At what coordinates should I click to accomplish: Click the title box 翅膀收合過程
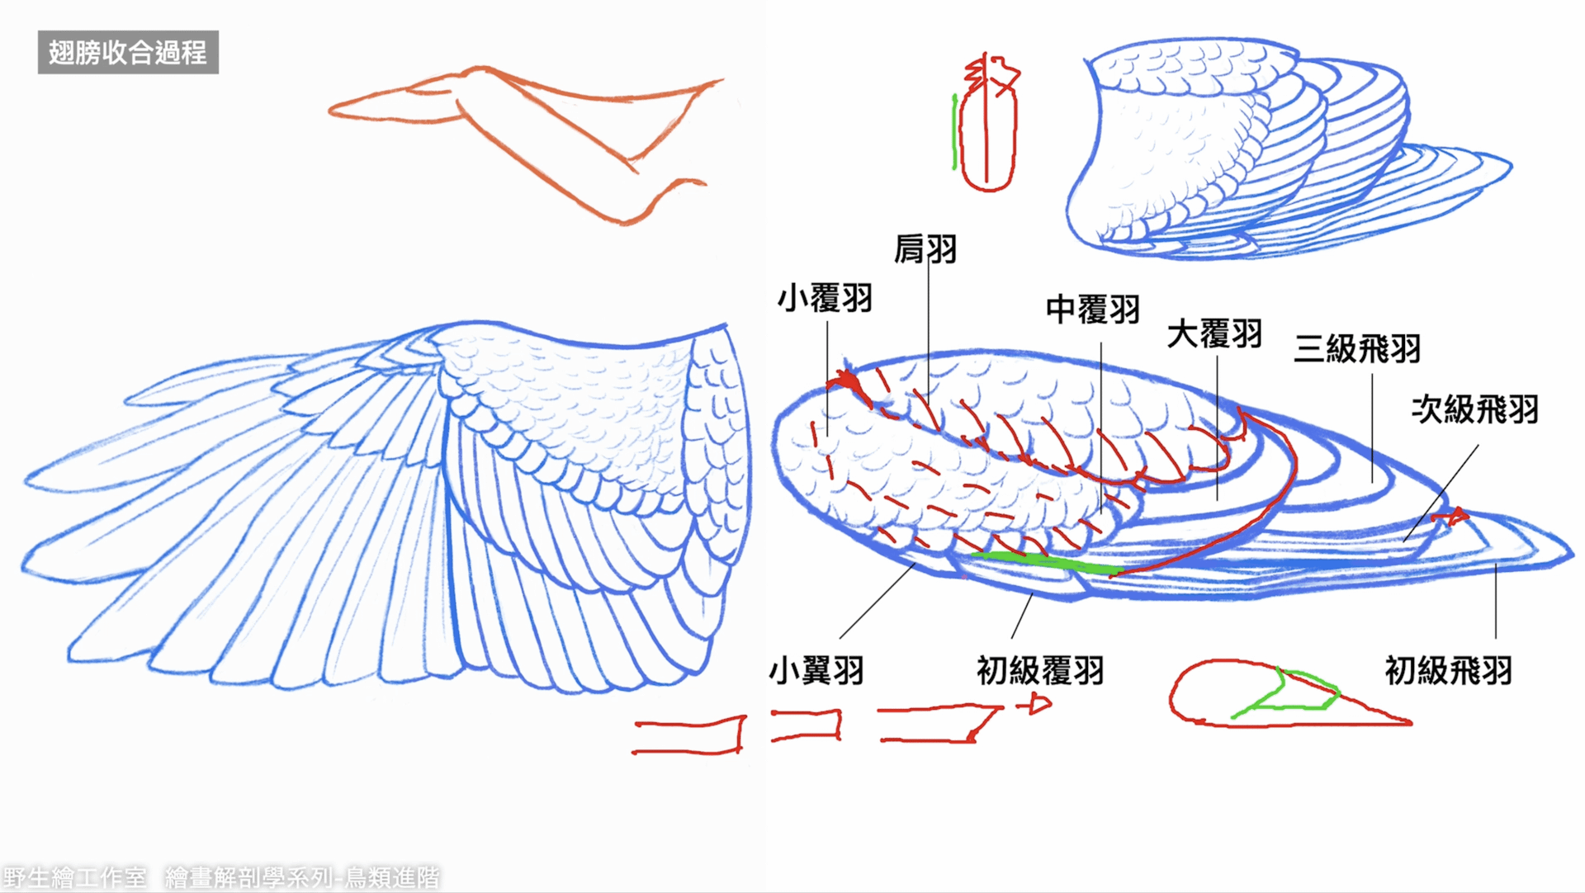tap(128, 52)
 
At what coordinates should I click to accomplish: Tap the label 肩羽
tap(925, 248)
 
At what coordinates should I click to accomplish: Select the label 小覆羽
tap(825, 298)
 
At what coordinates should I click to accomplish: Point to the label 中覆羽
tap(1092, 309)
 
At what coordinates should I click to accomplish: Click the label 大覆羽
tap(1214, 334)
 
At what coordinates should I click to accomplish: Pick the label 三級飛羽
tap(1357, 348)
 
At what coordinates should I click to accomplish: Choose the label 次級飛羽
tap(1474, 409)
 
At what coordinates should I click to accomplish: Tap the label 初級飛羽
tap(1448, 670)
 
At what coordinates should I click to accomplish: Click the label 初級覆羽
tap(1040, 670)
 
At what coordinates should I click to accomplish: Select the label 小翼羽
tap(816, 670)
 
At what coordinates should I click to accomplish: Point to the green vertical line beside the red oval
tap(955, 132)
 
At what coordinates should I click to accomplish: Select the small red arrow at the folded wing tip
tap(1451, 517)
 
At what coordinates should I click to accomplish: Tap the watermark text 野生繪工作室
tap(74, 876)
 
